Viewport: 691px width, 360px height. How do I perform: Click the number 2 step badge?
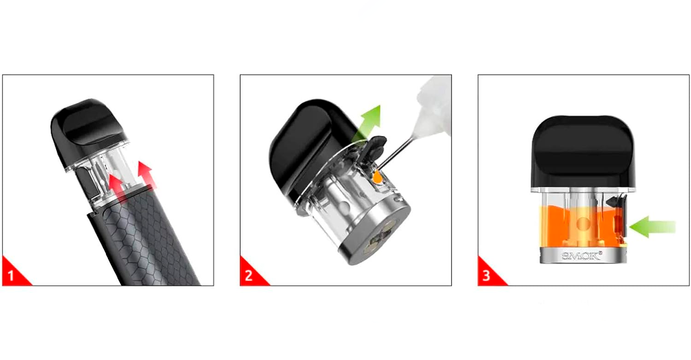250,274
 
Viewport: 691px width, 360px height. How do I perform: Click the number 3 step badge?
487,274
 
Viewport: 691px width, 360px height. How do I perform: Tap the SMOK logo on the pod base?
582,256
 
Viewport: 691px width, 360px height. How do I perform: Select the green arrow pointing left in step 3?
652,227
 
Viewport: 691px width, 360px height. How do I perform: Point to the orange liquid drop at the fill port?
377,177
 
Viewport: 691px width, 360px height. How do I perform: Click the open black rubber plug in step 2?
375,149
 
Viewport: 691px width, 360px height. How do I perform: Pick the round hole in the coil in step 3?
583,224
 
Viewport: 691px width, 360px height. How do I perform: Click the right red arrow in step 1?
147,175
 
